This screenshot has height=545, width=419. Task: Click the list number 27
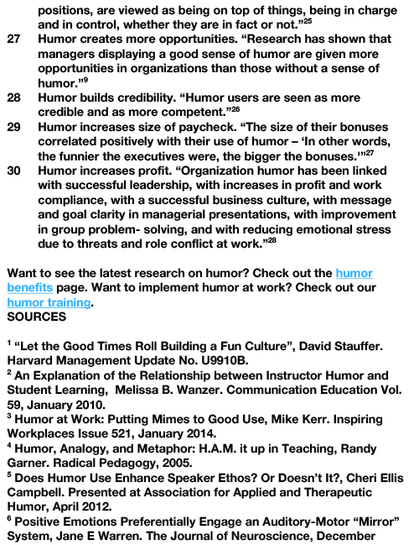click(13, 40)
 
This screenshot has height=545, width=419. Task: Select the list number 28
click(13, 97)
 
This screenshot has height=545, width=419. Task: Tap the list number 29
click(13, 127)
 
